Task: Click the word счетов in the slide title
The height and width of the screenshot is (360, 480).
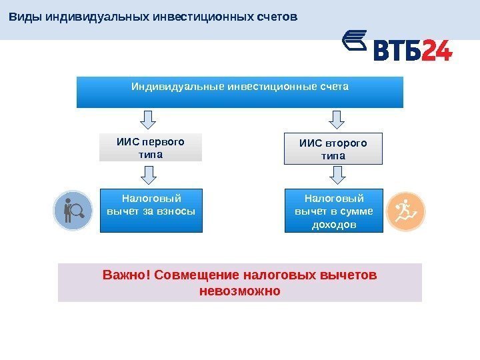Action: pos(274,16)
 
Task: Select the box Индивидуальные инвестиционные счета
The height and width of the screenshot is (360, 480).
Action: pos(240,92)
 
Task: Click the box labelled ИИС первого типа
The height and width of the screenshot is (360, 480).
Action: pos(150,147)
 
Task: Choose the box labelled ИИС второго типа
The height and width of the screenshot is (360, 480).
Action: pos(333,149)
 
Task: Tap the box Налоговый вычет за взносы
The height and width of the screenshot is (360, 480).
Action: pos(151,210)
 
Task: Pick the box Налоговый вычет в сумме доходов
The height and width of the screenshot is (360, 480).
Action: pos(334,211)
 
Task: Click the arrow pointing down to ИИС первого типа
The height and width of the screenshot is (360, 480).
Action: pos(150,119)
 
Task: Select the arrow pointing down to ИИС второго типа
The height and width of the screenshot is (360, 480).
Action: pos(337,119)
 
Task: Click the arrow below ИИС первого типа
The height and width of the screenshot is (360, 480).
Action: pos(150,175)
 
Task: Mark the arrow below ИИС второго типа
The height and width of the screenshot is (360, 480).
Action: pos(337,175)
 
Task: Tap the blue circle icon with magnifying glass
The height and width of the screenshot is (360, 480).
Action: pos(73,211)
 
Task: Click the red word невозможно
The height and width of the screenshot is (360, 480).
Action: pos(240,291)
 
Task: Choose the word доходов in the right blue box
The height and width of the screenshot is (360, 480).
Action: pos(334,225)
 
